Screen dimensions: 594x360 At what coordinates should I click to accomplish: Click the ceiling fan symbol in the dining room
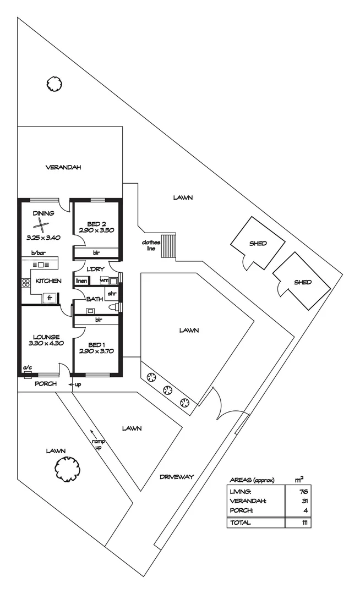tap(42, 225)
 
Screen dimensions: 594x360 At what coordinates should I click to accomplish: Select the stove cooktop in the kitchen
tap(25, 284)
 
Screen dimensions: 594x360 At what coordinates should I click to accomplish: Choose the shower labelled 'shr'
tap(112, 293)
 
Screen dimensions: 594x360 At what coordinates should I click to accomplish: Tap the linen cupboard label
tap(81, 280)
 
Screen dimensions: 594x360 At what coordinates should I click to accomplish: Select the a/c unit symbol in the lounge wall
tap(26, 375)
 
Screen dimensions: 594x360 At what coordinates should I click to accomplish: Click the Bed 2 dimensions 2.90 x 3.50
tap(96, 230)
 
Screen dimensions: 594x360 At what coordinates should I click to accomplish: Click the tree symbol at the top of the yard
tap(54, 84)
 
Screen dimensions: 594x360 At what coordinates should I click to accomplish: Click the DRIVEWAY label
tap(177, 476)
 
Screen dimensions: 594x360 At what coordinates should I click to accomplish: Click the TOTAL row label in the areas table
tap(241, 522)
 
